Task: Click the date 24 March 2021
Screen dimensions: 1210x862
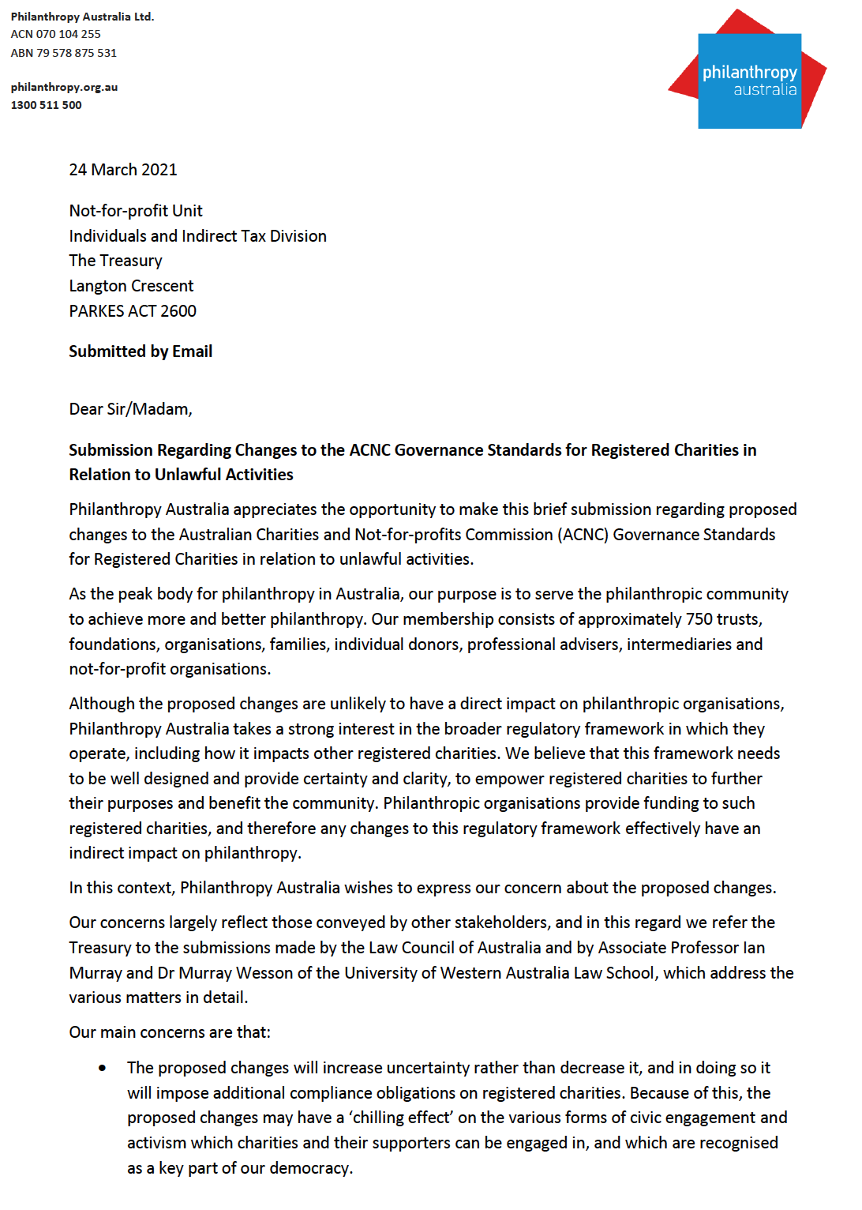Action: pos(123,170)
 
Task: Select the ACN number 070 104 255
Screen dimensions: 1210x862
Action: pos(69,34)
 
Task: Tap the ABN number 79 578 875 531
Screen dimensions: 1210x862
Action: pos(77,53)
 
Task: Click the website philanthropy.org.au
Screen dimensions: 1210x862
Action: pos(64,87)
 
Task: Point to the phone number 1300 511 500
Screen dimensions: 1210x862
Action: pos(46,105)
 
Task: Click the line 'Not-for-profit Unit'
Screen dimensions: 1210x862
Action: pos(136,211)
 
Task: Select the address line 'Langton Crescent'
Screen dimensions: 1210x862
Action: pos(131,286)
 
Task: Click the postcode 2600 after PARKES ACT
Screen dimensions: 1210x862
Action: pos(178,311)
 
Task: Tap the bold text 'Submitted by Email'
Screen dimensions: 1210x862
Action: pos(141,351)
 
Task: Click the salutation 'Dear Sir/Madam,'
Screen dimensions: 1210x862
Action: pos(130,409)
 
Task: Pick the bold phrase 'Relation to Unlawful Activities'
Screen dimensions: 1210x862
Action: pos(181,475)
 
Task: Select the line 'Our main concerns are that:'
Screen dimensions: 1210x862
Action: pos(170,1032)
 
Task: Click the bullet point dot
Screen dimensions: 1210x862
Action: pos(103,1069)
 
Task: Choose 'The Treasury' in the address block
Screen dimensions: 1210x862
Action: pos(115,261)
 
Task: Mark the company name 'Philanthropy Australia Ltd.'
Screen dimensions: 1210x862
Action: pos(82,17)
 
